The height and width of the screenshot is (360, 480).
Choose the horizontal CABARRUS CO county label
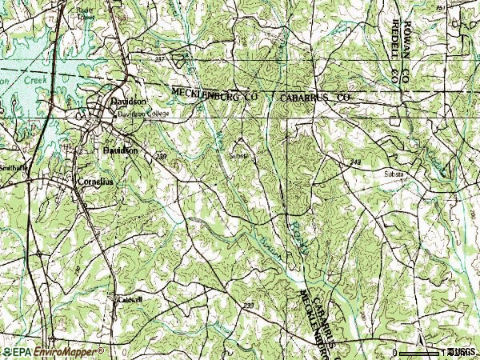coord(315,97)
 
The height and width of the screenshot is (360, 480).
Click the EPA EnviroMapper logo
coord(54,351)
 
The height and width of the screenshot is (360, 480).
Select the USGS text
coord(463,351)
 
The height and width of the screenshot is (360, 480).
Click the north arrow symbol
coord(420,330)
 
